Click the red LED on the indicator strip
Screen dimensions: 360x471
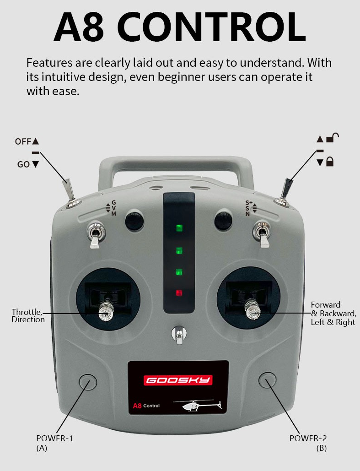[179, 292]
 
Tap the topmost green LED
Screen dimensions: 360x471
[179, 228]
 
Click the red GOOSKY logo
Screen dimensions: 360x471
[178, 380]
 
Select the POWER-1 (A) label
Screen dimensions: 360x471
[54, 443]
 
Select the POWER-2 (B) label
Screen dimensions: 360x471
[308, 443]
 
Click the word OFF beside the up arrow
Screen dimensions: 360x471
[23, 141]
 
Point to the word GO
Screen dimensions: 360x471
[23, 164]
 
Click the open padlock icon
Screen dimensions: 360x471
[333, 138]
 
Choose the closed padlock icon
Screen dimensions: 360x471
[330, 162]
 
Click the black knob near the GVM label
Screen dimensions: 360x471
[134, 221]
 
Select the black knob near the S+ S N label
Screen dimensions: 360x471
[223, 221]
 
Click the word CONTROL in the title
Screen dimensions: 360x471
[214, 27]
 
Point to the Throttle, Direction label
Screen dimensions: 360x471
[28, 316]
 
